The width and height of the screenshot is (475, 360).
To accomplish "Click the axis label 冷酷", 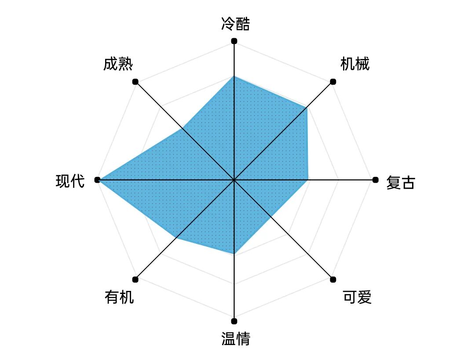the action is pyautogui.click(x=235, y=24).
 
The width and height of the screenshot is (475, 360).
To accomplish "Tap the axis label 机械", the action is pyautogui.click(x=355, y=64).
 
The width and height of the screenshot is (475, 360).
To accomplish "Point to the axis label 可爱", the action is pyautogui.click(x=357, y=298).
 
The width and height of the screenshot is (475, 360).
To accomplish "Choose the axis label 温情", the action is pyautogui.click(x=235, y=339).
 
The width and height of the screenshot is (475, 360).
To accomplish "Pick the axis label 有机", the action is pyautogui.click(x=119, y=298).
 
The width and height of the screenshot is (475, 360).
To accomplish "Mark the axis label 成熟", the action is pyautogui.click(x=118, y=64).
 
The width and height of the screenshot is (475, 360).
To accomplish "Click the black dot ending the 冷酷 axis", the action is pyautogui.click(x=234, y=41).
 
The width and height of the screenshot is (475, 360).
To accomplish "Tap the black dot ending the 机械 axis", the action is pyautogui.click(x=333, y=81).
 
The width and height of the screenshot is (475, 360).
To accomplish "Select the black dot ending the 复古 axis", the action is pyautogui.click(x=375, y=180).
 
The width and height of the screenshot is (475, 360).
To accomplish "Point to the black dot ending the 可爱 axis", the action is pyautogui.click(x=333, y=279).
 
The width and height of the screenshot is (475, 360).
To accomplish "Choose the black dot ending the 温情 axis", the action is pyautogui.click(x=234, y=321).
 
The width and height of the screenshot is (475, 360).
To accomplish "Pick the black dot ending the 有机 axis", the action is pyautogui.click(x=135, y=279).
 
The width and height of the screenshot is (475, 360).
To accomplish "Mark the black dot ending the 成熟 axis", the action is pyautogui.click(x=135, y=81).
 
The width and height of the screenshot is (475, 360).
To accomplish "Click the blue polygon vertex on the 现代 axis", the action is pyautogui.click(x=98, y=180).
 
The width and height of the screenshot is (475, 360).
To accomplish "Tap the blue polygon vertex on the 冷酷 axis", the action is pyautogui.click(x=234, y=76).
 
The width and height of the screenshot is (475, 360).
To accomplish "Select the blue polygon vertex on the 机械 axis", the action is pyautogui.click(x=307, y=107).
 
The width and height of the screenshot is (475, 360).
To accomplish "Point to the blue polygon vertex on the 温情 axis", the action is pyautogui.click(x=234, y=254).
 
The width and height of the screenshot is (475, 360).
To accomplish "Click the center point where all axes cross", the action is pyautogui.click(x=234, y=180).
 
